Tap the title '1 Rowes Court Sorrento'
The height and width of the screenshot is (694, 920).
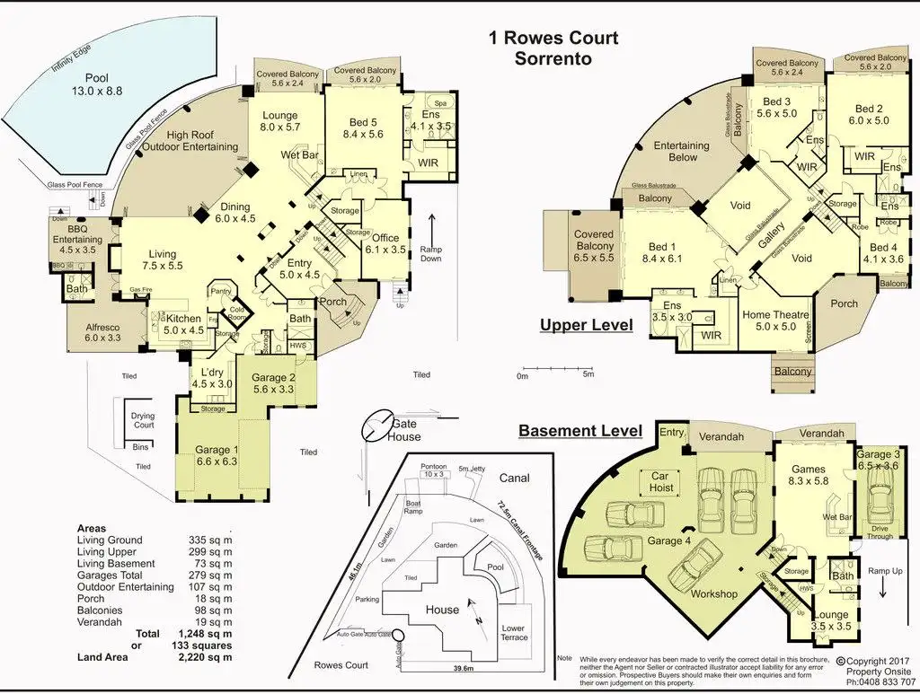553,48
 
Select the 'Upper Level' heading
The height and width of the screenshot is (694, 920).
586,325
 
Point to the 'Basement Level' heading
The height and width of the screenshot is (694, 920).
579,431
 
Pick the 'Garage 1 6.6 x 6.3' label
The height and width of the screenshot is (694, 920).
217,456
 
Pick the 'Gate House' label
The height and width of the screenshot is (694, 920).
404,430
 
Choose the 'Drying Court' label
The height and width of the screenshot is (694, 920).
143,421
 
